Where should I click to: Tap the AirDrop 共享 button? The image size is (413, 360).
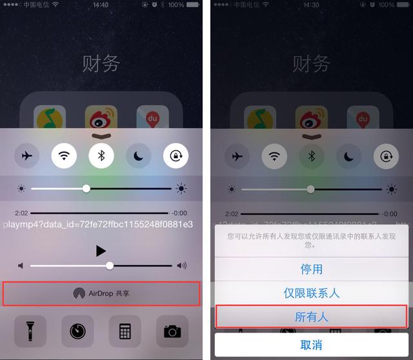[x=101, y=293]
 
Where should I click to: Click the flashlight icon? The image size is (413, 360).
[x=30, y=331]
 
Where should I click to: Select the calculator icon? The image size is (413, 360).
[x=125, y=331]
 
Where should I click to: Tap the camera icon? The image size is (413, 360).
[x=172, y=331]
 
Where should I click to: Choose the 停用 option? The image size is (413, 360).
[x=311, y=268]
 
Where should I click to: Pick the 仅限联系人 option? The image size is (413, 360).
[x=311, y=292]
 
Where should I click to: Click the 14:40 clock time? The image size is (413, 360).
[x=101, y=5]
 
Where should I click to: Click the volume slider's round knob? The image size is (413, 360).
[x=110, y=265]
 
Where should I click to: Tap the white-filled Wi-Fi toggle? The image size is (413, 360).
[x=64, y=155]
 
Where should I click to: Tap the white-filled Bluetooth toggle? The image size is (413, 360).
[x=101, y=155]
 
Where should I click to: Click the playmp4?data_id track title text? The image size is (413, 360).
[x=98, y=224]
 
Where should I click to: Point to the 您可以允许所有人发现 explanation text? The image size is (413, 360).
[x=311, y=241]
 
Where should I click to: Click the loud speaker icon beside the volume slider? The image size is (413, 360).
[x=182, y=265]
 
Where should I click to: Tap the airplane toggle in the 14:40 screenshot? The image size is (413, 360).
[x=26, y=155]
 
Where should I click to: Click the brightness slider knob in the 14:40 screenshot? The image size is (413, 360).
[x=86, y=188]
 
